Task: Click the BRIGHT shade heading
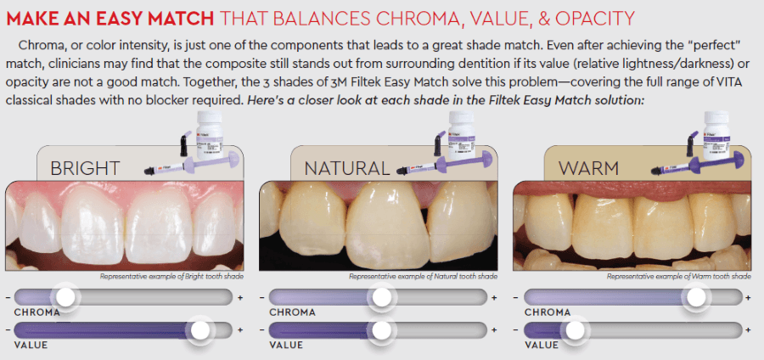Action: [85, 169]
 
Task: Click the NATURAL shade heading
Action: [347, 169]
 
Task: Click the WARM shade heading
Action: [588, 169]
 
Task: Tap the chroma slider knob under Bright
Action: [65, 296]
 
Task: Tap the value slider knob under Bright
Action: [199, 330]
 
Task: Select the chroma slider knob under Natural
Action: [381, 296]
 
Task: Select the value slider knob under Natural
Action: [380, 330]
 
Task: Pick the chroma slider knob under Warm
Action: [696, 296]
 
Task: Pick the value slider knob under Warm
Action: [575, 330]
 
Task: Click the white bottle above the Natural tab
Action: [463, 136]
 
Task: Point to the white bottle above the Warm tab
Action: [716, 134]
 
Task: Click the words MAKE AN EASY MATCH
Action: [110, 18]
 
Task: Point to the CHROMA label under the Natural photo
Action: [292, 312]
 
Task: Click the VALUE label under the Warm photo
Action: [542, 346]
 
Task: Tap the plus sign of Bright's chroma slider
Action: [240, 297]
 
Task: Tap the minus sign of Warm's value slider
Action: [517, 330]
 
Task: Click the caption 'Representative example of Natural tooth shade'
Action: [424, 277]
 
